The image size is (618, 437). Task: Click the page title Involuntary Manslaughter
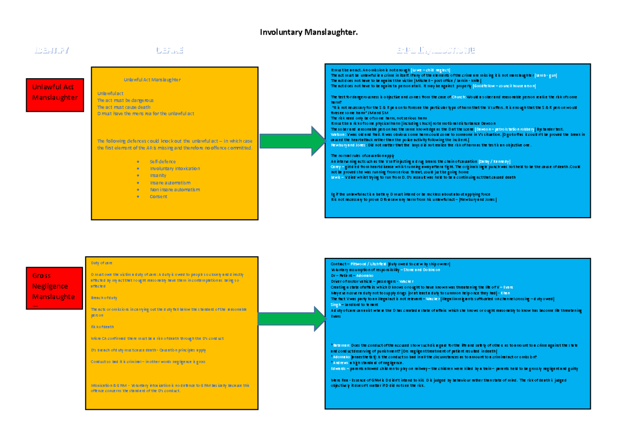coord(308,33)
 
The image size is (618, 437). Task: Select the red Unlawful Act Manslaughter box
coord(54,93)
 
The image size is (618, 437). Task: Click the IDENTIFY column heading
coord(51,50)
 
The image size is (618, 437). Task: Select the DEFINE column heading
coord(169,50)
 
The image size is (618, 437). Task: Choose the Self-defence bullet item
coord(163,162)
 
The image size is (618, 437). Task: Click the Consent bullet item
coord(159,197)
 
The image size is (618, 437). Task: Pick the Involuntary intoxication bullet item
coord(175,169)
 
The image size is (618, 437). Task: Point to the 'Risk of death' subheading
coord(102,327)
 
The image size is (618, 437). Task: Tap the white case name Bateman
coord(341,344)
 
